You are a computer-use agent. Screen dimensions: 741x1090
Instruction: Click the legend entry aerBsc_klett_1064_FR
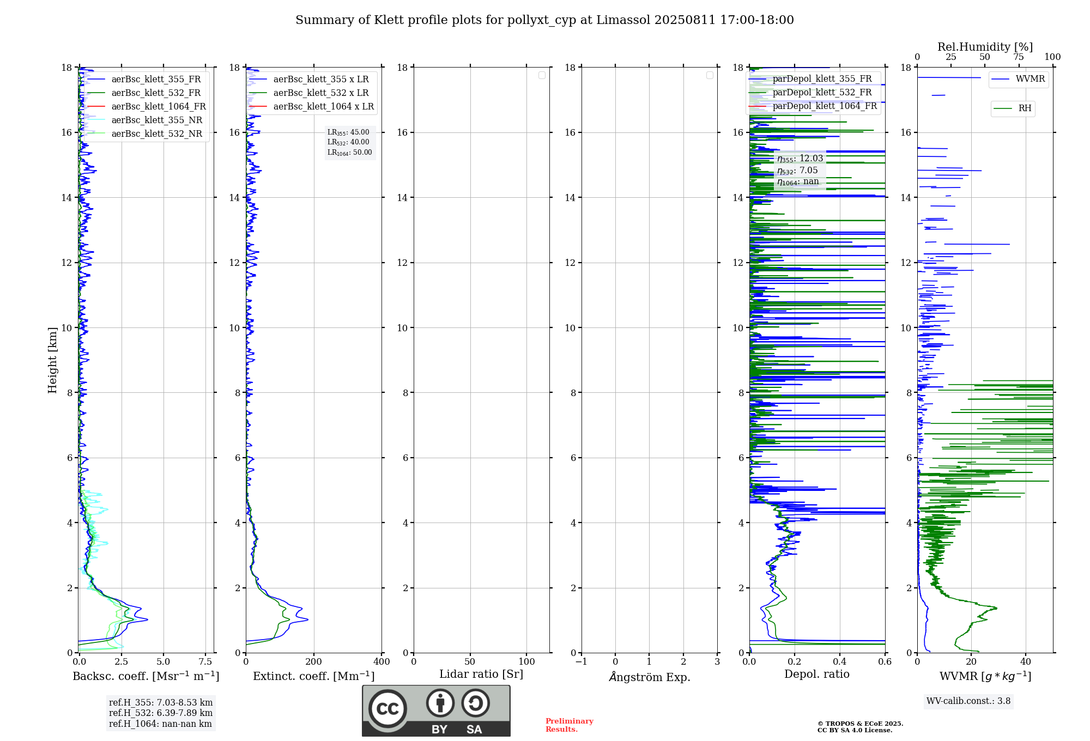[159, 106]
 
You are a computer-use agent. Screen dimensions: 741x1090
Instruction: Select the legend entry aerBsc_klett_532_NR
[156, 133]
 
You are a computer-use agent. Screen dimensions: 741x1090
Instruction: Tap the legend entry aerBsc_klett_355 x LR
[320, 79]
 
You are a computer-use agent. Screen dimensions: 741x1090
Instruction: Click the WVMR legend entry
[1030, 79]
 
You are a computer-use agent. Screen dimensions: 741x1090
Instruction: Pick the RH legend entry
[1025, 108]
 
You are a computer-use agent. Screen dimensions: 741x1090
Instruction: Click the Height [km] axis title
[52, 360]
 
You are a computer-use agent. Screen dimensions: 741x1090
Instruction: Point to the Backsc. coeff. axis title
[146, 676]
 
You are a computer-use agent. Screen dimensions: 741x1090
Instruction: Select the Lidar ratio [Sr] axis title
[481, 675]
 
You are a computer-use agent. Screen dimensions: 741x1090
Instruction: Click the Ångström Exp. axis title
[649, 677]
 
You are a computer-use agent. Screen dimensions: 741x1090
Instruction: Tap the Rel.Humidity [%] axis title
[985, 47]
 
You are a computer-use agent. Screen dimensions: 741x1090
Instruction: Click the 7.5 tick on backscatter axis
[205, 662]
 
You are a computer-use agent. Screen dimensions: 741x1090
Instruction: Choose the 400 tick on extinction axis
[381, 662]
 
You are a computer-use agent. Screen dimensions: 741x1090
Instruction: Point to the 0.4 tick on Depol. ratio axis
[840, 662]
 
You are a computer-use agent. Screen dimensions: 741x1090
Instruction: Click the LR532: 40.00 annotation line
[348, 142]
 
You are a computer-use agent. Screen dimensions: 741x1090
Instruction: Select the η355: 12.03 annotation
[800, 159]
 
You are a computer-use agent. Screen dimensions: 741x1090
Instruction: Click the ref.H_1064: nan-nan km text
[160, 724]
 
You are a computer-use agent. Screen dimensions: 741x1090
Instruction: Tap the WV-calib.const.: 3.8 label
[968, 701]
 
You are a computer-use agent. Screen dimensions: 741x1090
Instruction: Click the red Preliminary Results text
[569, 725]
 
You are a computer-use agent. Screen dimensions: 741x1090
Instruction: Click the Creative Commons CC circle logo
[387, 709]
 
